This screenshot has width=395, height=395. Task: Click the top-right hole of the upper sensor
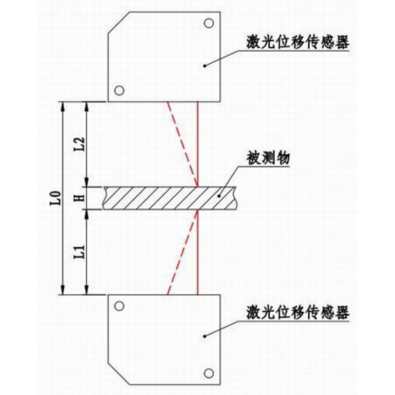(209, 24)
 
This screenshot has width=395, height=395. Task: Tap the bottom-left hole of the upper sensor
(119, 91)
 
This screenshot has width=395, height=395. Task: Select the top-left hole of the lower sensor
(119, 306)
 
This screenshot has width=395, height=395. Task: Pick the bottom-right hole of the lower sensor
(209, 373)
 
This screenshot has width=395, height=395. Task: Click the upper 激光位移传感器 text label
(298, 43)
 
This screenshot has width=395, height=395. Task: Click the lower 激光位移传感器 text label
(298, 313)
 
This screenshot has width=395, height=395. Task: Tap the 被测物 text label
(268, 158)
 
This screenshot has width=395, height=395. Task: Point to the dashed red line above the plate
(182, 145)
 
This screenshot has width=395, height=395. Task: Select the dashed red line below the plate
(182, 252)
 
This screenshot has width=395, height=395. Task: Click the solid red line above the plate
(197, 145)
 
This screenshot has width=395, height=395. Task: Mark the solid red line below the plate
(197, 252)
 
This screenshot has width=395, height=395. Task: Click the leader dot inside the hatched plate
(220, 196)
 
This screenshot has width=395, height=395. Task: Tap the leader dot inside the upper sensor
(205, 66)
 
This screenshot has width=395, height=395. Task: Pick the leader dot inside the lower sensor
(205, 336)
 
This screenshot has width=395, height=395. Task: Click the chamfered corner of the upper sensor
(118, 23)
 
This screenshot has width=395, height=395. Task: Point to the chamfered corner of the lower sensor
(118, 374)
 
